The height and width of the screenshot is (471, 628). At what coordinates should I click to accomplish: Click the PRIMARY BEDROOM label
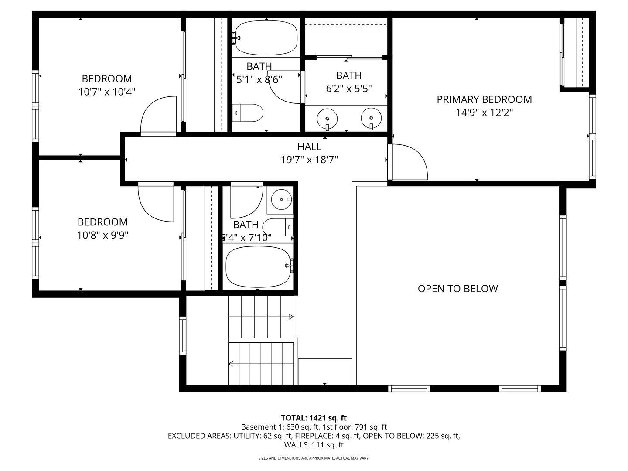[484, 99]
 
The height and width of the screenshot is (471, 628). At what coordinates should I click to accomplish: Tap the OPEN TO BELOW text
[458, 289]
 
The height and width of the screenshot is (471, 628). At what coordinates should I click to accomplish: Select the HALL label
[309, 147]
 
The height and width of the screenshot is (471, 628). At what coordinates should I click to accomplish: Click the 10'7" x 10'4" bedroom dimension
[107, 92]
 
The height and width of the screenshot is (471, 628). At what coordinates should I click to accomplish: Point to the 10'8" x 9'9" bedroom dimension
[102, 235]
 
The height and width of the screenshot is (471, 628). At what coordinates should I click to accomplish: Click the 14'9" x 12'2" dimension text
[484, 113]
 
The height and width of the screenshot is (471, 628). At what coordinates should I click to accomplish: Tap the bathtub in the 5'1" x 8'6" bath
[266, 38]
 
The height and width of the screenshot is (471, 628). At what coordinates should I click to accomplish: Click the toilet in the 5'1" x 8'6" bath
[247, 113]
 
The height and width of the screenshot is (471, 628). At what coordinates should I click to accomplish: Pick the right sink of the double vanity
[372, 118]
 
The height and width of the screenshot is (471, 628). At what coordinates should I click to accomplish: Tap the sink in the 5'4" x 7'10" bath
[282, 199]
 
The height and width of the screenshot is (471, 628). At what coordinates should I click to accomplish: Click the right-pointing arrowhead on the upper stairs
[291, 317]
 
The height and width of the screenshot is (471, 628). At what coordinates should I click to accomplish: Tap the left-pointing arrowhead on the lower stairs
[231, 364]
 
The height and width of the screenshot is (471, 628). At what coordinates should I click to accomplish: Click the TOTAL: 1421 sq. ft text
[314, 418]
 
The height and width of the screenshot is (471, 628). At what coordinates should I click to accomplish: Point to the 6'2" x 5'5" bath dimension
[349, 89]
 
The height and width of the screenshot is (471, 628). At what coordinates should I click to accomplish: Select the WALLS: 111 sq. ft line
[314, 445]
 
